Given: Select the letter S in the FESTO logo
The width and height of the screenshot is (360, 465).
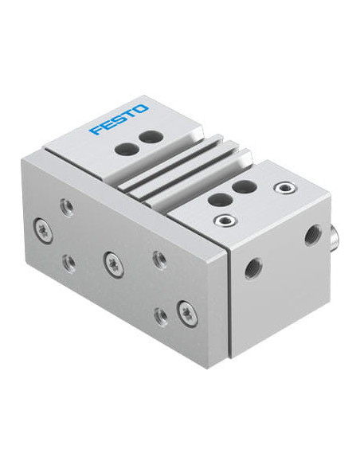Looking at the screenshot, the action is pyautogui.click(x=118, y=119).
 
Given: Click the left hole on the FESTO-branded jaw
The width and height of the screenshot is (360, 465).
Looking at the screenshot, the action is pyautogui.click(x=123, y=148).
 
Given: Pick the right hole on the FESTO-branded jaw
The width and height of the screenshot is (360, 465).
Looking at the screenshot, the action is pyautogui.click(x=147, y=137).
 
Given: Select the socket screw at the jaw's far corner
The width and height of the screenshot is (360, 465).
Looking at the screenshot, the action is pyautogui.click(x=281, y=187).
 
